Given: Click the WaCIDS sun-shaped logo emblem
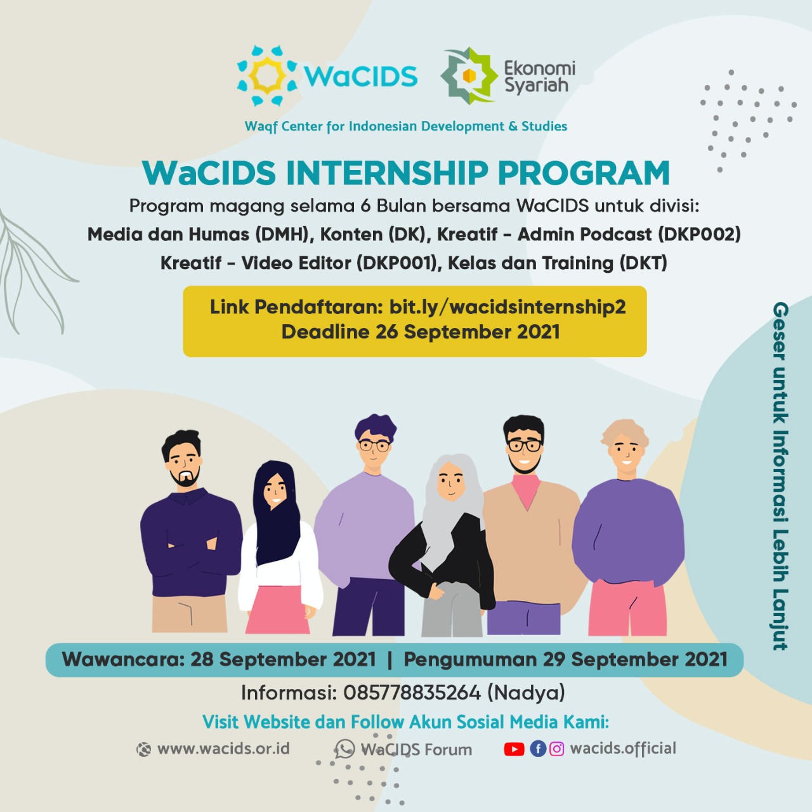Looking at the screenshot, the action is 267,76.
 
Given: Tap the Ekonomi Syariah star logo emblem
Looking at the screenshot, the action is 469,76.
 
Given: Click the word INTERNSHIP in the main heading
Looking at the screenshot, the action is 386,173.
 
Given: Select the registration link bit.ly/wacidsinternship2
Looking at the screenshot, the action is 507,307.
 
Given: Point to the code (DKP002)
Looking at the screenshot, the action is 700,235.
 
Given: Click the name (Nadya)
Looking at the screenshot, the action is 526,693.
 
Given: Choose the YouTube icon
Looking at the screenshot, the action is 514,749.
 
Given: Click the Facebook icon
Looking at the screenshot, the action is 538,749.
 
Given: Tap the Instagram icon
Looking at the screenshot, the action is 556,749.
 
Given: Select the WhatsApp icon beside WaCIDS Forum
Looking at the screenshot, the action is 344,749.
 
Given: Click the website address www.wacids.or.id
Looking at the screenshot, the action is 223,749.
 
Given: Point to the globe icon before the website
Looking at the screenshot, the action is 144,750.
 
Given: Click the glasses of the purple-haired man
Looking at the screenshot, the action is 374,445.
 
